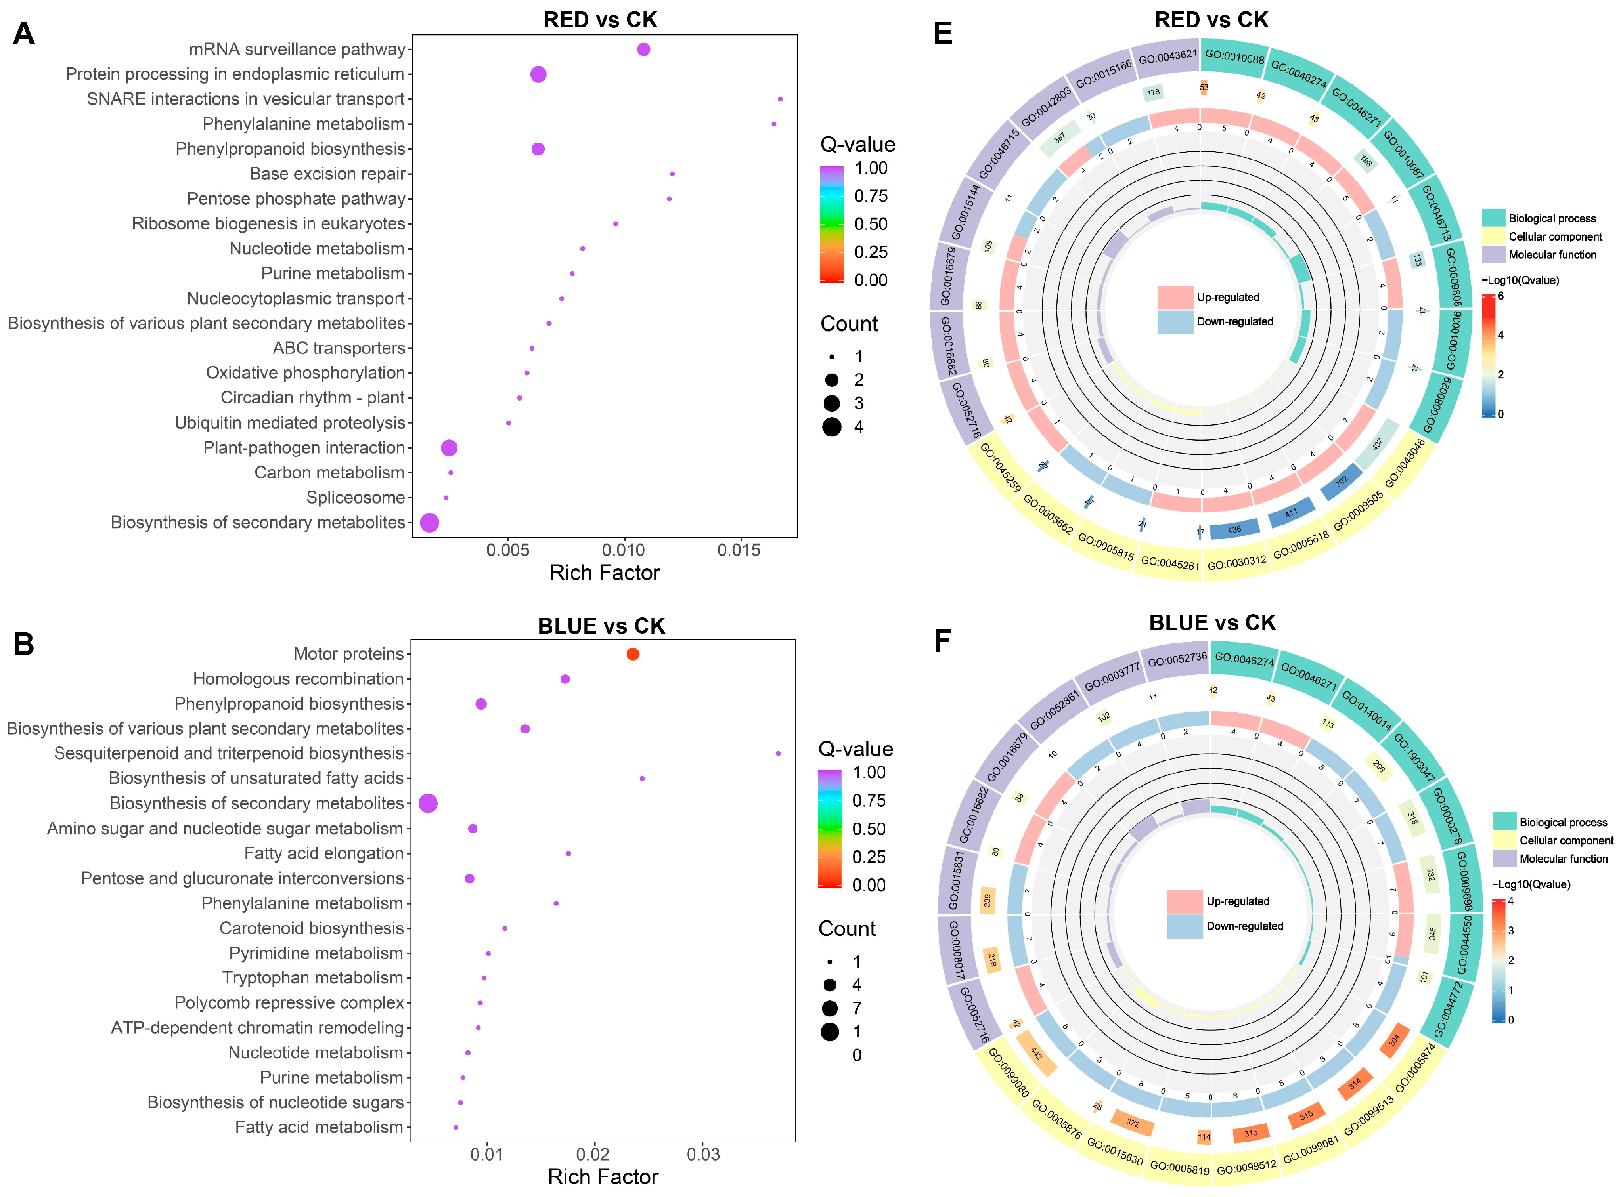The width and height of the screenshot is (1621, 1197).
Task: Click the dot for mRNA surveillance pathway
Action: pos(643,49)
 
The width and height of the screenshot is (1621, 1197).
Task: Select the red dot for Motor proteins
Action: pos(632,654)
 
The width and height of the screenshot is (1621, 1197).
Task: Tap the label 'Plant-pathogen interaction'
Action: pos(304,448)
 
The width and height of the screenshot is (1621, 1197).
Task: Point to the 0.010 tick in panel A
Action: pos(624,550)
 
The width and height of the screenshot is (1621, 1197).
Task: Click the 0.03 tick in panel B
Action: pos(702,1154)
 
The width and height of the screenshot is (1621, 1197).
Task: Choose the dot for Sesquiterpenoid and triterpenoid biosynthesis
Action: pos(778,754)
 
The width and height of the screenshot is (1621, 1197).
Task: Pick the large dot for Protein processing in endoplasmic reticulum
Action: pos(538,74)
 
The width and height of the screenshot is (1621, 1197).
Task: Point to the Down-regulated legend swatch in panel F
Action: pos(1185,926)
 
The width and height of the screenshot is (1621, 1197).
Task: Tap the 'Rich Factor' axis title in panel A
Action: pos(605,573)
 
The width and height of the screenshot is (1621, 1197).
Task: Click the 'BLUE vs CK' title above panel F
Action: pos(1212,622)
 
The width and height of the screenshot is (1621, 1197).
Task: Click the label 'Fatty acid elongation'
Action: pos(323,853)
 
